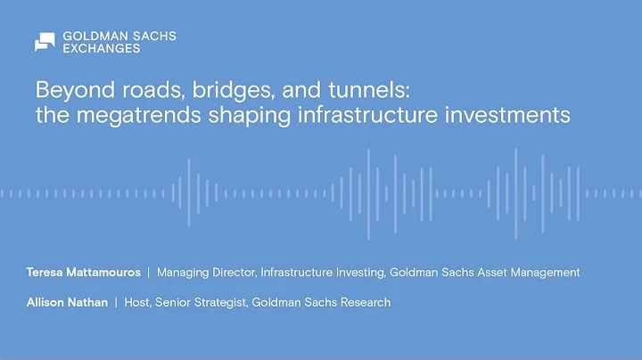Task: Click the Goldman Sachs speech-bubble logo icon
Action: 45,42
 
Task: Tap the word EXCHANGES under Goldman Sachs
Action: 101,49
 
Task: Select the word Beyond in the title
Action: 66,91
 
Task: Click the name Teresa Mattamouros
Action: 87,273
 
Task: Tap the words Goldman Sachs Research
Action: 321,302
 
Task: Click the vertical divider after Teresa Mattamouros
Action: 149,273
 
